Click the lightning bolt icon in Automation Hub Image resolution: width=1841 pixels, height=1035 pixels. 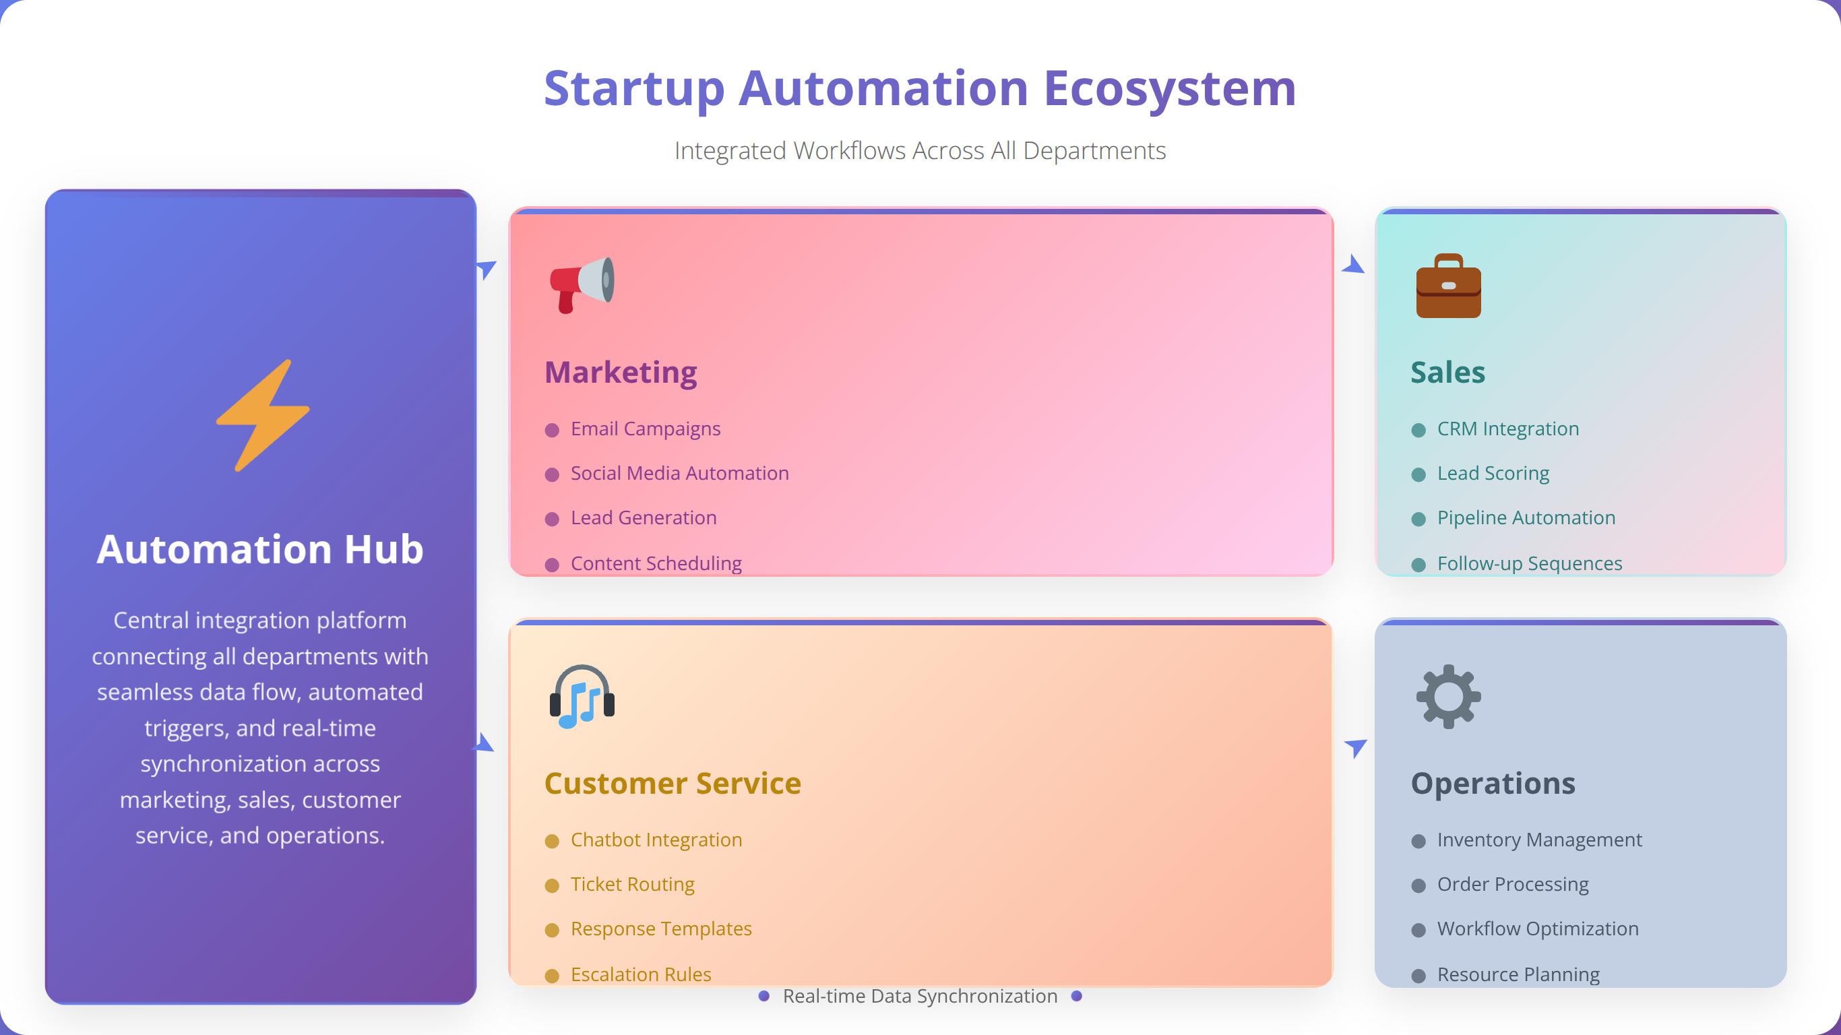(262, 414)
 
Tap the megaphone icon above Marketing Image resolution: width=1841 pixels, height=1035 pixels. (582, 284)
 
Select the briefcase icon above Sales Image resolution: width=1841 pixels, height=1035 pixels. (1448, 285)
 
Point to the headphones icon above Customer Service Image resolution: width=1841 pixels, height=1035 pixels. (582, 696)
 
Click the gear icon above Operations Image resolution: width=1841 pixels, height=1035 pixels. (1448, 696)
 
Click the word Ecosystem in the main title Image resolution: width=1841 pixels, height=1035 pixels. (1170, 89)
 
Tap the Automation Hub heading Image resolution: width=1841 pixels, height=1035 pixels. (260, 549)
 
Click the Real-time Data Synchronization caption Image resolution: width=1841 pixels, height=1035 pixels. (920, 997)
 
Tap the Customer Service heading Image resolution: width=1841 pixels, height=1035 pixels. (673, 784)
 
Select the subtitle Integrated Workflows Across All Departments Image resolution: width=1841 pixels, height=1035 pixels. (920, 151)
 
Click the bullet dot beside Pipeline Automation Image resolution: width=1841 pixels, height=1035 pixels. (1418, 520)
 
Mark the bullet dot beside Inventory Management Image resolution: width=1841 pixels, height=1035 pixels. (1418, 842)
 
